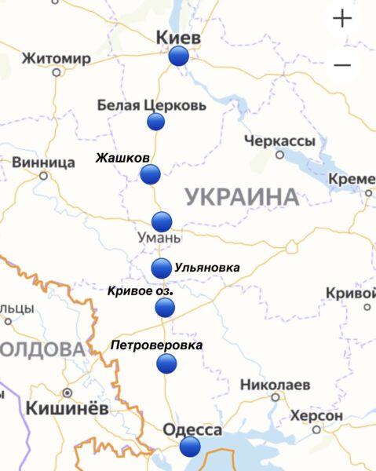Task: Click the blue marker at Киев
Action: [x=179, y=56]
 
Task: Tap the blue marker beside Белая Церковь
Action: [x=156, y=121]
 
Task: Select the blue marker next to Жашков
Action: [x=150, y=174]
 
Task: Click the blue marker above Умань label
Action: [x=162, y=221]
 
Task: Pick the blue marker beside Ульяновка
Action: [x=161, y=268]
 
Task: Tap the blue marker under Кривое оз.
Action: [x=165, y=307]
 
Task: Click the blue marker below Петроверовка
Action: [x=166, y=363]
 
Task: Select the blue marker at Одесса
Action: [x=189, y=447]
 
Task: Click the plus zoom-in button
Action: [x=342, y=19]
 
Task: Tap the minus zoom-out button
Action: [x=342, y=64]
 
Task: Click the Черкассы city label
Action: [x=279, y=141]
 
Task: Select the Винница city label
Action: [x=44, y=162]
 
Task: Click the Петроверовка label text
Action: [x=156, y=345]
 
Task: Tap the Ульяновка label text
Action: [x=206, y=268]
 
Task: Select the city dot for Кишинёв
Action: [x=68, y=392]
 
